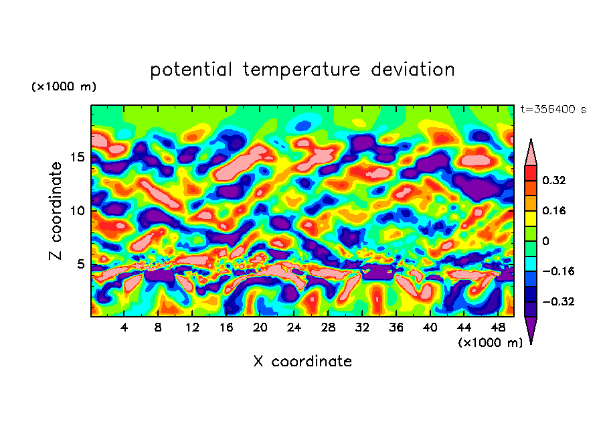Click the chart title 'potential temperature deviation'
tap(302, 70)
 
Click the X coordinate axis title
tap(302, 362)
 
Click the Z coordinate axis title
tap(56, 211)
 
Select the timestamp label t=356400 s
tap(553, 110)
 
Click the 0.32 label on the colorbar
tap(555, 181)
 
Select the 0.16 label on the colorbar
tap(555, 211)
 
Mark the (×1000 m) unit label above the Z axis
tap(63, 87)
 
